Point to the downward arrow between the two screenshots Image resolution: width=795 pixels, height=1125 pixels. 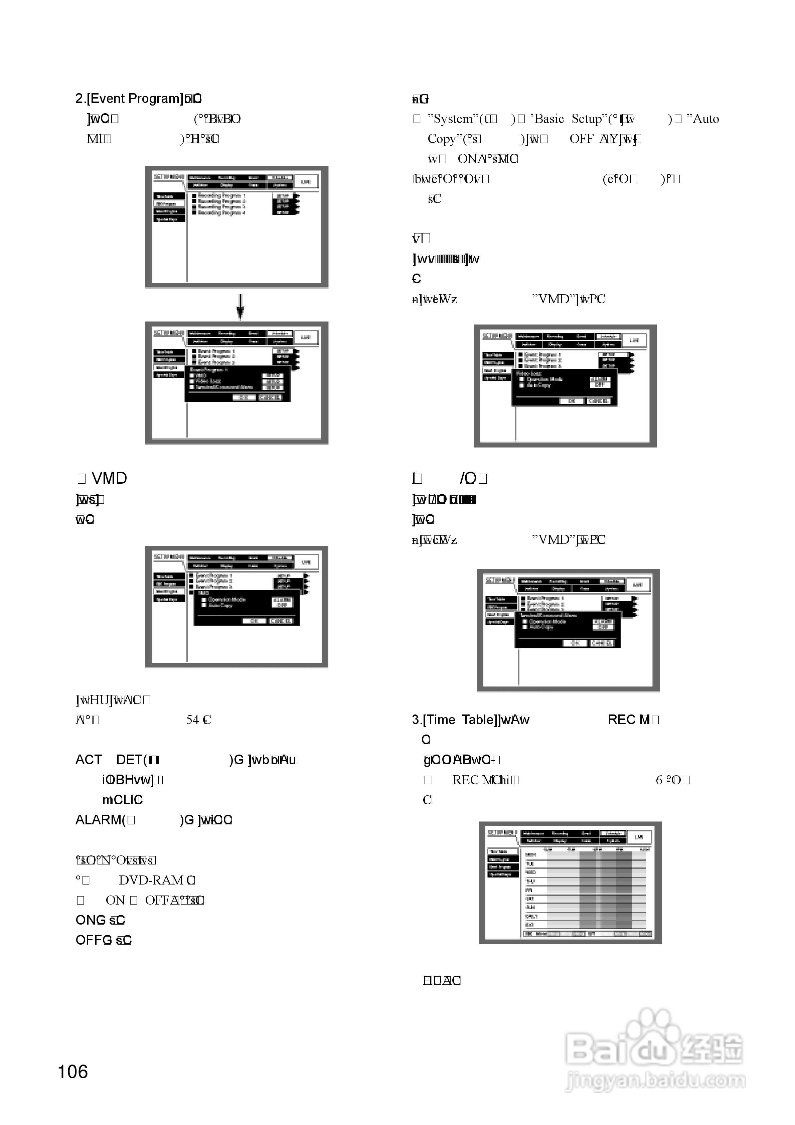[240, 306]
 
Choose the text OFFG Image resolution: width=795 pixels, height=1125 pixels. [94, 940]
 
